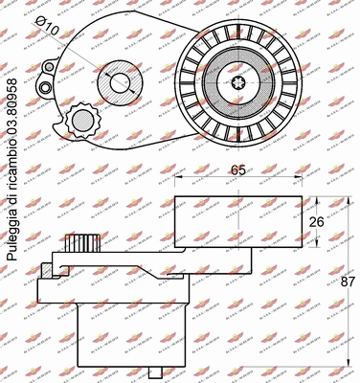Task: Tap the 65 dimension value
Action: (x=239, y=170)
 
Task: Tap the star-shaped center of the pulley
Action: (x=238, y=81)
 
